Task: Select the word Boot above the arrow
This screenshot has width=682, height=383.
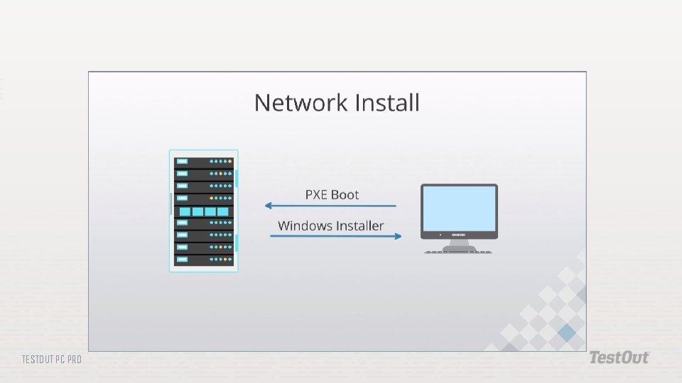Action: pos(345,194)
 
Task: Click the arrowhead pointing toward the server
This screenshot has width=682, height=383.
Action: pos(269,206)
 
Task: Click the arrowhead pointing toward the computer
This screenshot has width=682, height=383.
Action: pos(398,236)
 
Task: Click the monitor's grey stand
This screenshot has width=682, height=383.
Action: pos(459,243)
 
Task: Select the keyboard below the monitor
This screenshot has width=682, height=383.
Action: pos(459,252)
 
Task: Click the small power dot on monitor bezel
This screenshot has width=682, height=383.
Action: pos(440,235)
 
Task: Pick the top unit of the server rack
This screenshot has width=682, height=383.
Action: pos(204,161)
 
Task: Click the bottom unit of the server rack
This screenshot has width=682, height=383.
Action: pos(204,260)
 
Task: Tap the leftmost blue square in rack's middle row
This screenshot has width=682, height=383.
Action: pos(185,211)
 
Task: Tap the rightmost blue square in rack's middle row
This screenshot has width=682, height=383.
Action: pos(222,211)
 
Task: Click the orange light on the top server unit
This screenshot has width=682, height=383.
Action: pos(230,161)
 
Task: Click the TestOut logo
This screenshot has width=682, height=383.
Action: pos(618,358)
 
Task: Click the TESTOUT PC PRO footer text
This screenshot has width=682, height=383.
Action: pos(51,360)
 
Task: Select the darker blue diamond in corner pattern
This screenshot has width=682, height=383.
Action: pos(567,333)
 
